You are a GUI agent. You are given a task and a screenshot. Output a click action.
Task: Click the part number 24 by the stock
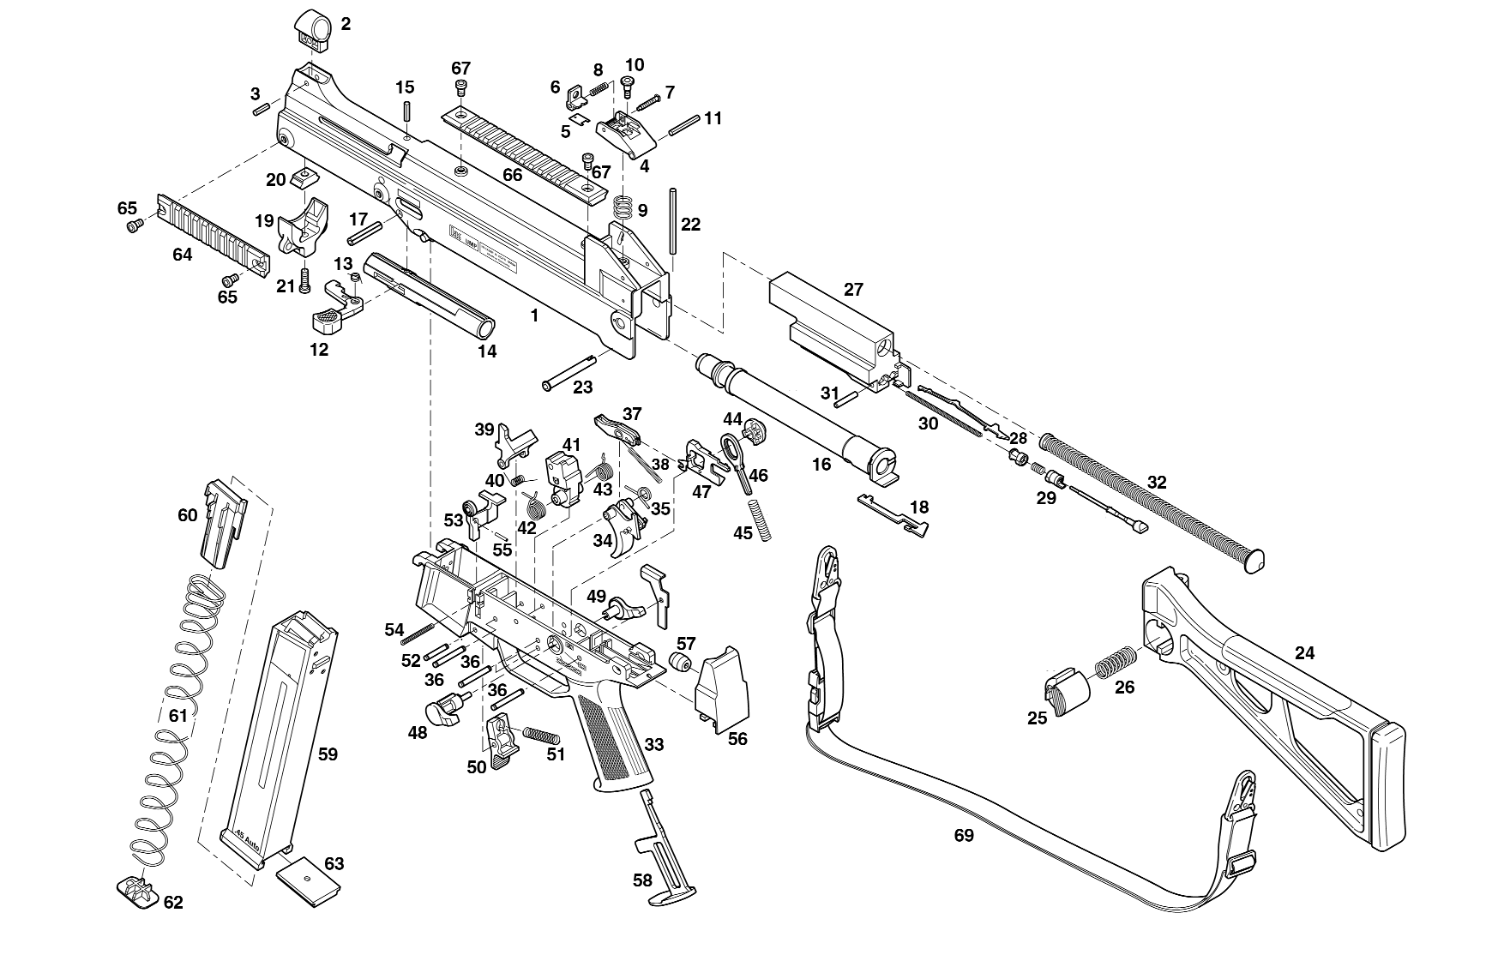(x=1304, y=653)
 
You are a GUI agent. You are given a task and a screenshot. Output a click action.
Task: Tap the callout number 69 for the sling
(x=964, y=835)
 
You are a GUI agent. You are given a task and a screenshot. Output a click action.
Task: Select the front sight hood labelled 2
(x=314, y=30)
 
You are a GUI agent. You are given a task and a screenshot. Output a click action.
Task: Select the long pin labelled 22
(x=676, y=220)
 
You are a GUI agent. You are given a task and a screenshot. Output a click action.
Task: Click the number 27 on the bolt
(x=853, y=290)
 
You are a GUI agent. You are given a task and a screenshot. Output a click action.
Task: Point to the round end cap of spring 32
(x=1253, y=562)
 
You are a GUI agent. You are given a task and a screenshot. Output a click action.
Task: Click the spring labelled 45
(x=761, y=519)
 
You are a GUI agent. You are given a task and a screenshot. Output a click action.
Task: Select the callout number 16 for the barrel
(x=821, y=465)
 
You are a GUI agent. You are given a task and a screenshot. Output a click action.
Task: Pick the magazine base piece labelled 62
(x=136, y=892)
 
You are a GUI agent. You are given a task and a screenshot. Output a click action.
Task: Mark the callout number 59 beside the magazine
(x=328, y=754)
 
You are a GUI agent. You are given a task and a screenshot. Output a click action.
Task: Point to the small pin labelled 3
(x=262, y=109)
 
